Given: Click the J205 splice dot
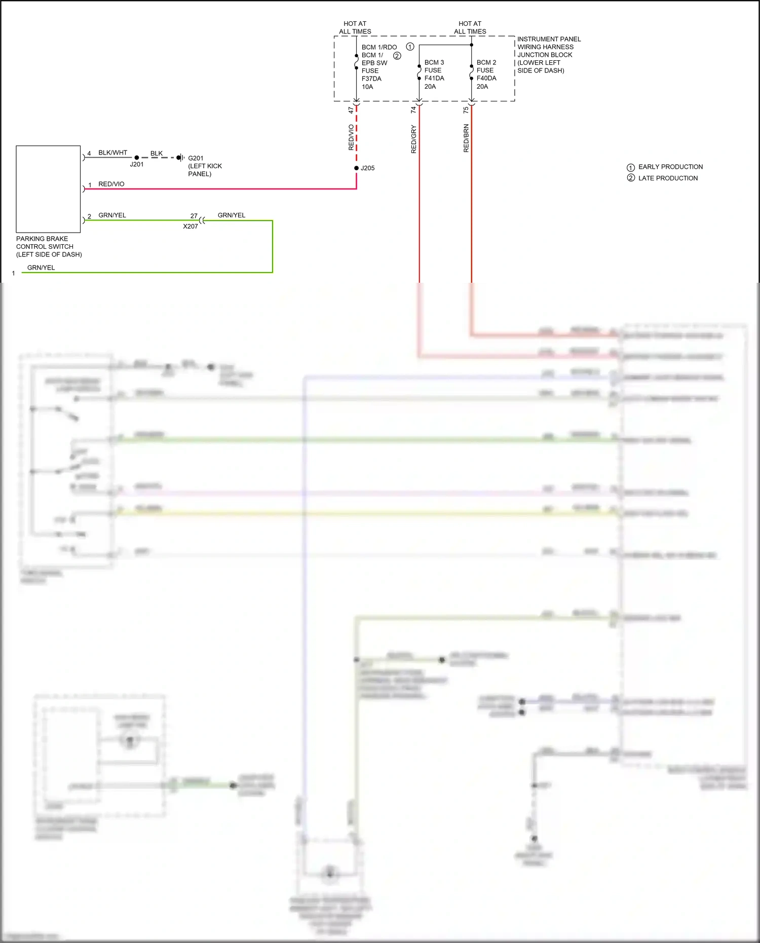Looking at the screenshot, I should (356, 168).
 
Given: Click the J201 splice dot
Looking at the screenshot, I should (136, 158).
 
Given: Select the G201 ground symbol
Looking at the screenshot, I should (180, 158).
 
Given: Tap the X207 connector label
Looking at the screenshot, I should (191, 227).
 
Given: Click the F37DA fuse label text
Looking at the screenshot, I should (371, 79).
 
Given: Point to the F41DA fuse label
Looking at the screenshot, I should (434, 78).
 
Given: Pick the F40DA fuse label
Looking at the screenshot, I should (486, 78).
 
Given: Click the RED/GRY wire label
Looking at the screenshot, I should (413, 139).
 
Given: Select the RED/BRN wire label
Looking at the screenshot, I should (466, 138).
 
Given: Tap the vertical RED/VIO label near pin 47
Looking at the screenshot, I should (351, 137).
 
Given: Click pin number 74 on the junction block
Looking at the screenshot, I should (413, 109).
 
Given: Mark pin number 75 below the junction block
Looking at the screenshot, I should (466, 109).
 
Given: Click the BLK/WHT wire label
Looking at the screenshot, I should (112, 153).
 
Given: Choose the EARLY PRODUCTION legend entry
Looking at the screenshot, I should (670, 167).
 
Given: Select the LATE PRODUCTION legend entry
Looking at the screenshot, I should (667, 178).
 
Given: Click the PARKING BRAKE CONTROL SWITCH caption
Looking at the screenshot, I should (49, 246).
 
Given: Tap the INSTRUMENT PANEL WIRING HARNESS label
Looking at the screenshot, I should (549, 43).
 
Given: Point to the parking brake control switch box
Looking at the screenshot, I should (48, 189).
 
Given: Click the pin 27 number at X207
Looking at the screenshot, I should (194, 216).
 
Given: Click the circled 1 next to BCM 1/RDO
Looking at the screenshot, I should (410, 47).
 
